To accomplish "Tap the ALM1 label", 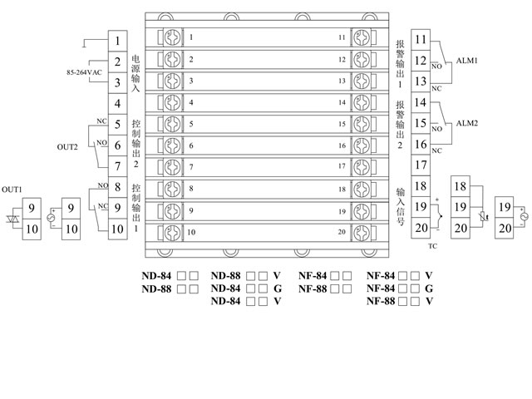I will click(x=465, y=61).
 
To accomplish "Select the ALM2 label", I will click(x=465, y=124).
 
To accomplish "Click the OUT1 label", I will click(x=12, y=189).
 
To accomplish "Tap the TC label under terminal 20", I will click(x=431, y=247).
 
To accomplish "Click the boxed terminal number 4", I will click(x=119, y=103).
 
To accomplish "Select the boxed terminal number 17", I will click(x=420, y=165).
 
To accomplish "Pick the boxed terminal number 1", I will click(x=119, y=40).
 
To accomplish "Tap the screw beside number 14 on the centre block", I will click(x=362, y=102).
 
